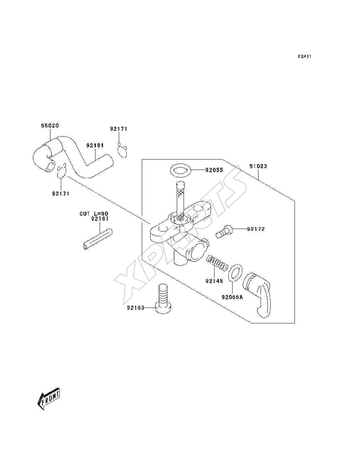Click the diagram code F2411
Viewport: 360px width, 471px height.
point(305,57)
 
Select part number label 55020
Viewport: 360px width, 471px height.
point(50,126)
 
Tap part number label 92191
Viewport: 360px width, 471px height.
point(95,145)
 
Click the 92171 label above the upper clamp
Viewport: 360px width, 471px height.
point(119,129)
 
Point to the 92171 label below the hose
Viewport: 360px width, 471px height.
point(61,194)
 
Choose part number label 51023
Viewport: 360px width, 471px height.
point(258,166)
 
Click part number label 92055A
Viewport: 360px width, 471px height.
point(232,297)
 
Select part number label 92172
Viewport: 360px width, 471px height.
point(256,229)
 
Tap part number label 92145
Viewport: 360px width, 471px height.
point(214,281)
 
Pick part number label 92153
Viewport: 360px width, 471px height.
point(136,308)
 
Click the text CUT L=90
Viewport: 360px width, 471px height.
point(94,214)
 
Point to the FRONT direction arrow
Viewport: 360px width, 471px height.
point(49,399)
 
